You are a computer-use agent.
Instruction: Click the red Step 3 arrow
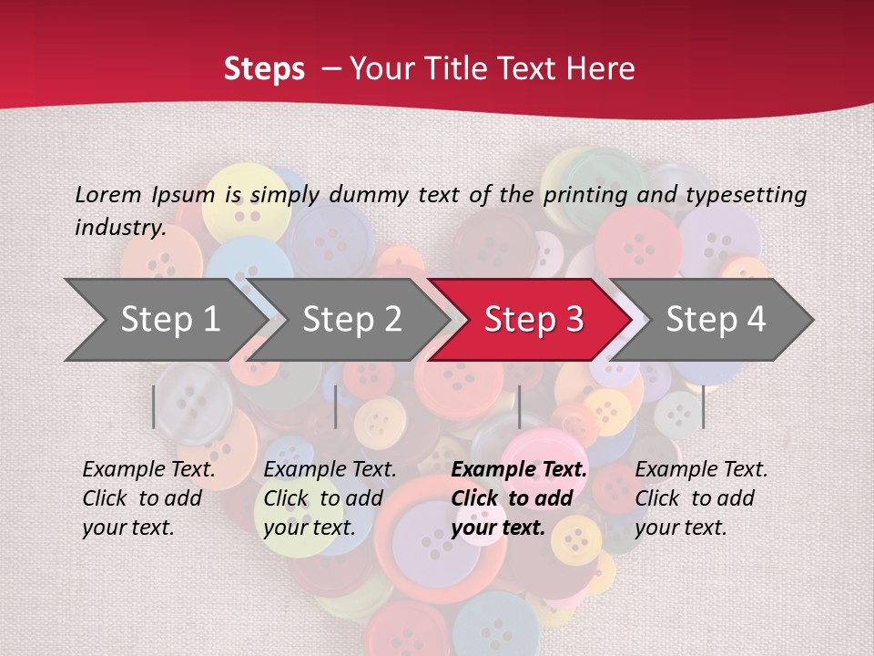click(534, 320)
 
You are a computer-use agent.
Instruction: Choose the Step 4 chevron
click(716, 320)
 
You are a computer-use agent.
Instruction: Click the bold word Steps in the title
click(264, 69)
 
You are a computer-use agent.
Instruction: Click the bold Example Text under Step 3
click(519, 470)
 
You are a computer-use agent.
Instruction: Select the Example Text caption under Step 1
click(148, 470)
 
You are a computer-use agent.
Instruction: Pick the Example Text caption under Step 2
click(330, 470)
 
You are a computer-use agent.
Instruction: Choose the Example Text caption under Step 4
click(701, 470)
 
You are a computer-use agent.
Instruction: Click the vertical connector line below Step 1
click(154, 406)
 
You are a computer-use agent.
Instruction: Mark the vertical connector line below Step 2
click(336, 406)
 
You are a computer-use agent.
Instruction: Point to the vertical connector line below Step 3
click(519, 406)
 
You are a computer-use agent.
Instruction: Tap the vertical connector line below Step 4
click(703, 406)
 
